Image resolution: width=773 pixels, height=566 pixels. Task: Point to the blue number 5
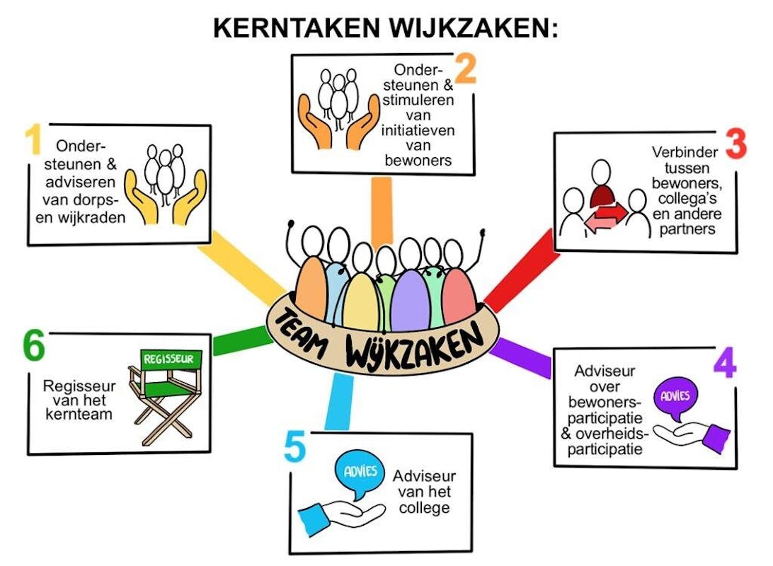(x=294, y=448)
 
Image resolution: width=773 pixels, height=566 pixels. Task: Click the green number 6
(x=33, y=347)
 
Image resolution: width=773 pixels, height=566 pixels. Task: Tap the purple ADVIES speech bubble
(x=675, y=398)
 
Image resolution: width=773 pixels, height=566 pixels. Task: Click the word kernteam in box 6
(x=79, y=415)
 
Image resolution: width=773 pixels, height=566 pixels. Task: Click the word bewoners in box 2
(x=418, y=160)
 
